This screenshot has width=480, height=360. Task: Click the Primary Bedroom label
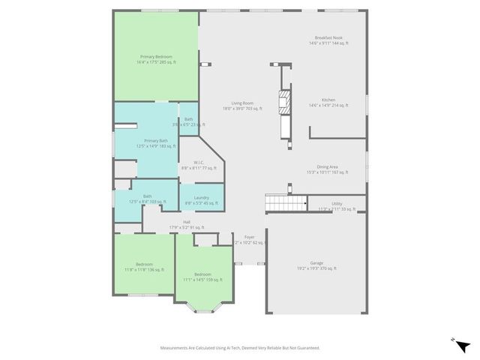click(x=156, y=59)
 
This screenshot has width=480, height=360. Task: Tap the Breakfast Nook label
click(x=328, y=40)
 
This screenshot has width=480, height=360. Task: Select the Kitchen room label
click(x=328, y=102)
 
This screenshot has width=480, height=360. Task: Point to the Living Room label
click(x=241, y=106)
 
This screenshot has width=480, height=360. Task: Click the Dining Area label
click(x=327, y=169)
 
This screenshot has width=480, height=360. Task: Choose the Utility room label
click(x=337, y=205)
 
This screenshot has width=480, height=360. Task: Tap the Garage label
click(x=316, y=265)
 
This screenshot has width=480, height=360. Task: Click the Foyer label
click(x=249, y=240)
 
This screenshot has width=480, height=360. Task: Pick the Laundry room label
click(x=202, y=200)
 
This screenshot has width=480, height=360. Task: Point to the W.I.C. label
click(x=199, y=165)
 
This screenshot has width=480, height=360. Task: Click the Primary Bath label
click(x=156, y=143)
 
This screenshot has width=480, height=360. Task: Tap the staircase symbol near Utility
click(x=286, y=202)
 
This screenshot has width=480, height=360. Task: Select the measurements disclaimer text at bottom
click(x=240, y=347)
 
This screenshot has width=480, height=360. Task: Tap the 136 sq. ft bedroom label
click(x=144, y=266)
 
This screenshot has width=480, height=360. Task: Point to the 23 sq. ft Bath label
click(x=188, y=121)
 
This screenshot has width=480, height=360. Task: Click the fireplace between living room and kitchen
click(x=283, y=102)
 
